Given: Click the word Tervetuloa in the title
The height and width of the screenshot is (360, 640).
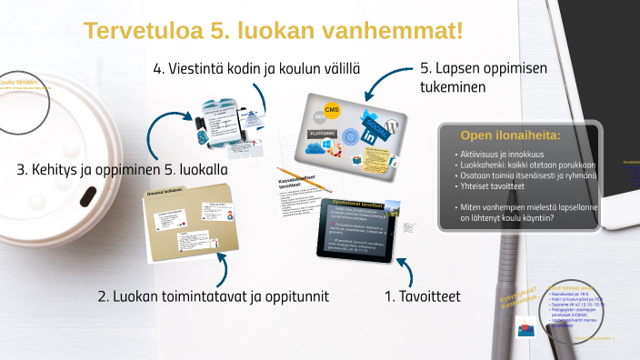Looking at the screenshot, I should tap(139, 30).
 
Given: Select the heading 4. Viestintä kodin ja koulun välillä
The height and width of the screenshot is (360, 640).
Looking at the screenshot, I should tap(255, 68).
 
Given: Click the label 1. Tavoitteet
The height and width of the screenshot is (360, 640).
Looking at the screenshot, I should tap(422, 296).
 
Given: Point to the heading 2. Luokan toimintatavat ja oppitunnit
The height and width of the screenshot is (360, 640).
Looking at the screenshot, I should tap(212, 296).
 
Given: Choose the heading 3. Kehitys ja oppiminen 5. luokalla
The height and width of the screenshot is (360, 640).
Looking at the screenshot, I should tap(122, 170).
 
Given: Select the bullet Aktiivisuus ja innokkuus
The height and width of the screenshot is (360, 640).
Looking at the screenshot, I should tap(505, 155).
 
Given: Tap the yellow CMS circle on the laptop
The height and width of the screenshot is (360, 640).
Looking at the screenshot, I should tap(332, 110).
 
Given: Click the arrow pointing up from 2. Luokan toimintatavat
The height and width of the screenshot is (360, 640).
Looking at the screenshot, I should tap(221, 270).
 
